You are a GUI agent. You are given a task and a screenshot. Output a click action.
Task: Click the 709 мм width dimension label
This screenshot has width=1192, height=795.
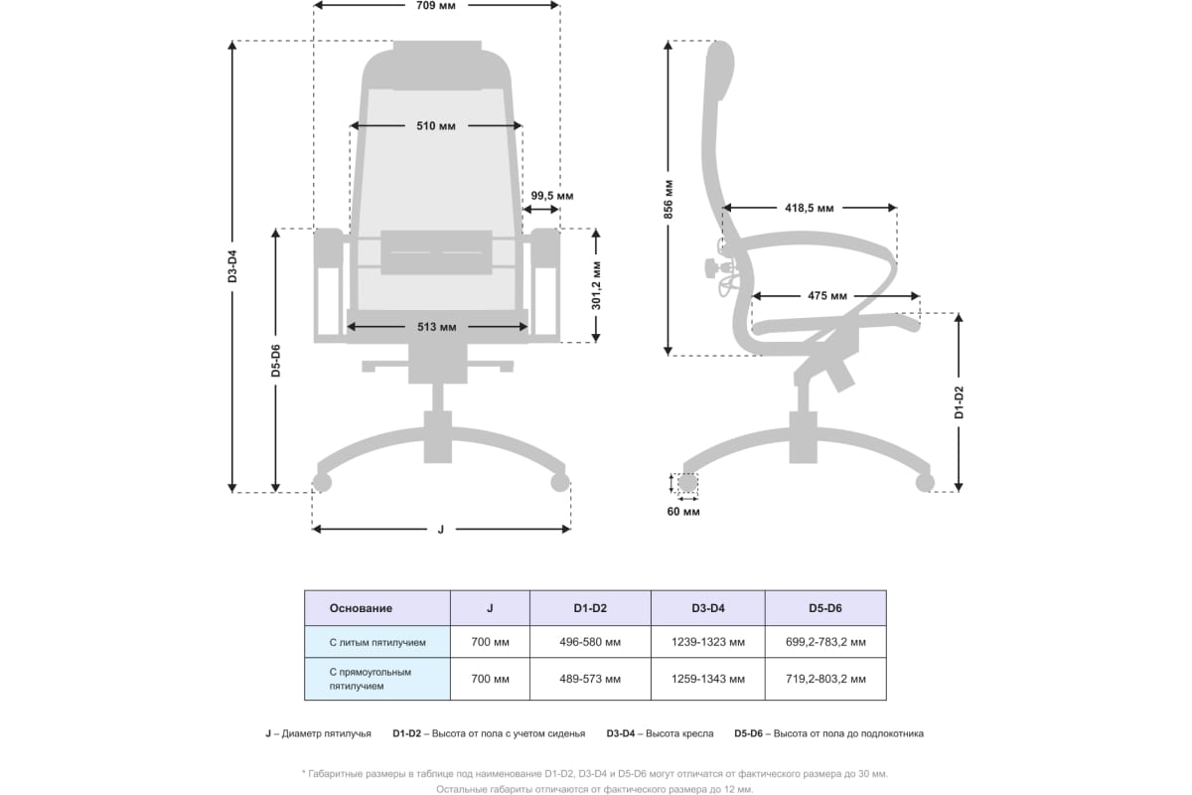click(437, 6)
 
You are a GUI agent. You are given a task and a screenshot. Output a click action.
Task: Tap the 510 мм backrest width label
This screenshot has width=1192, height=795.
click(437, 126)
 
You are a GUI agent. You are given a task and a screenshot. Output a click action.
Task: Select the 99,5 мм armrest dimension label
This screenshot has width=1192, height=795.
click(551, 196)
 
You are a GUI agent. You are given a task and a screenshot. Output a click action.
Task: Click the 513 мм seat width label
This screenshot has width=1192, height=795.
click(437, 327)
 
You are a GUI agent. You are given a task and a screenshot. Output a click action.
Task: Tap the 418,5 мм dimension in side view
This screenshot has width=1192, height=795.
click(809, 209)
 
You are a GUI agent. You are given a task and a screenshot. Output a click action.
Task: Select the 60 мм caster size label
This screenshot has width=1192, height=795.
click(683, 512)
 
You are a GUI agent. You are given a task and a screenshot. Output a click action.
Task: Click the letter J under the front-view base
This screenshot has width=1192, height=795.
click(440, 530)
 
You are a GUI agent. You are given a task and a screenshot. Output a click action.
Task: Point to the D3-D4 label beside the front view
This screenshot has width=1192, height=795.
click(232, 266)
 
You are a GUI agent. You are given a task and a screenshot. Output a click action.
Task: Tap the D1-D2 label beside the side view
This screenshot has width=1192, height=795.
click(959, 401)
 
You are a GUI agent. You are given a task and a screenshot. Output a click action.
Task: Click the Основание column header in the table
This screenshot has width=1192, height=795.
click(362, 608)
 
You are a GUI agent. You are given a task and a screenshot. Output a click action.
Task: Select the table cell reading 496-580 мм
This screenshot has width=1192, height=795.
click(590, 642)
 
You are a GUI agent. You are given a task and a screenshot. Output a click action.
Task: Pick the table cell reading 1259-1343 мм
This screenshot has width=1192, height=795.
click(707, 680)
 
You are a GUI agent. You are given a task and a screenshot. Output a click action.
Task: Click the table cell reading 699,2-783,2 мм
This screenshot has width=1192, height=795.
click(823, 642)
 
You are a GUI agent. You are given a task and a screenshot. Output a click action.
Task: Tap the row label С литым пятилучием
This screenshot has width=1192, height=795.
click(377, 642)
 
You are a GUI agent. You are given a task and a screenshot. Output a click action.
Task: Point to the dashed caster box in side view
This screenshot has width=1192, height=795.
click(686, 485)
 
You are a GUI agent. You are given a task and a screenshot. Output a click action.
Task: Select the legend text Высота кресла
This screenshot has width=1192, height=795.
click(678, 733)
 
